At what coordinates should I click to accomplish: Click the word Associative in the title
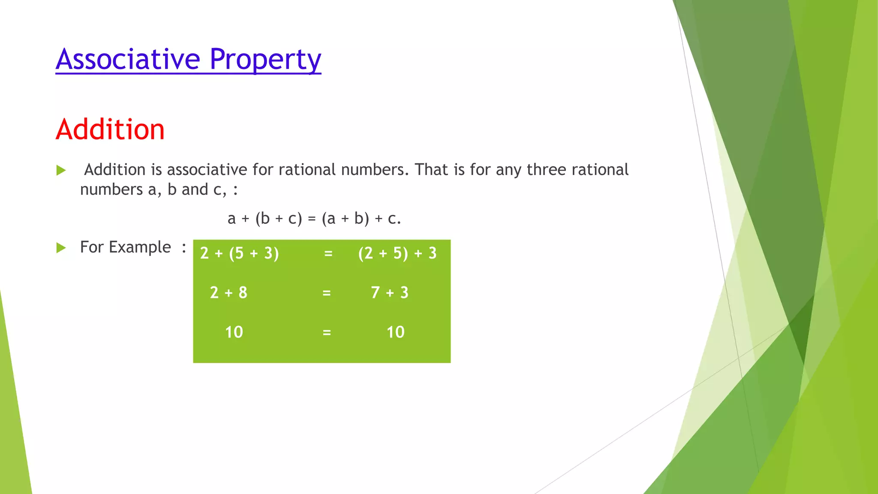point(128,59)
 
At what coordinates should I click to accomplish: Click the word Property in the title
point(265,59)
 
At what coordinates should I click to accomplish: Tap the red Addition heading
point(110,130)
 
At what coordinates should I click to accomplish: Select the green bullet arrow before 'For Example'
point(61,248)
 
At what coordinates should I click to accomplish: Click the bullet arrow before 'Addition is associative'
point(61,171)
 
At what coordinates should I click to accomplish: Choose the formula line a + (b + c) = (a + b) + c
point(314,219)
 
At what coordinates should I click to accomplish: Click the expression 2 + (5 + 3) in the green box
point(239,253)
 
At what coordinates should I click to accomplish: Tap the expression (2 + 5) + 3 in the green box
point(397,253)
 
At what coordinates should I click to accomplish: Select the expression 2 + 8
point(229,293)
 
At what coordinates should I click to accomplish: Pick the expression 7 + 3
point(390,293)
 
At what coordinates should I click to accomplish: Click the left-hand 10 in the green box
point(234,332)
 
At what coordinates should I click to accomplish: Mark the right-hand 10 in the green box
point(395,332)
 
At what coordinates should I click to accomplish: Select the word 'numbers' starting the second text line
point(111,190)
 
